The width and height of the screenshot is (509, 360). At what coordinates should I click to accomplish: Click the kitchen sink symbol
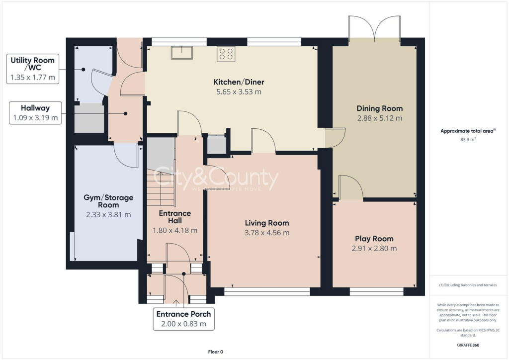(182, 52)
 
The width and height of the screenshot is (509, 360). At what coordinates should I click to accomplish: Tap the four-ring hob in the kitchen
(225, 54)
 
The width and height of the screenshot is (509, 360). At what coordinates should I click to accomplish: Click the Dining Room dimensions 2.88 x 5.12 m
(379, 118)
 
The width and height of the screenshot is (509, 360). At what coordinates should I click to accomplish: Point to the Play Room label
(374, 239)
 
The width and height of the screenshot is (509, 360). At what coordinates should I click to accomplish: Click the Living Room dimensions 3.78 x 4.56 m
(266, 233)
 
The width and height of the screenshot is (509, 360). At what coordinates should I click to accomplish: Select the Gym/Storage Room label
(108, 201)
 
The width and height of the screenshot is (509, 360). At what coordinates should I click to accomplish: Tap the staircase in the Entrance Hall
(161, 189)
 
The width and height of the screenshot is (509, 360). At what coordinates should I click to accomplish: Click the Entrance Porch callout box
(183, 319)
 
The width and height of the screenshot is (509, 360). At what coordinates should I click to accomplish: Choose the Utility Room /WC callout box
(32, 69)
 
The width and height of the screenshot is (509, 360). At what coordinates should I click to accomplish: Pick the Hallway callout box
(35, 113)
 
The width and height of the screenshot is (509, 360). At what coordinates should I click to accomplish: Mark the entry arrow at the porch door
(176, 301)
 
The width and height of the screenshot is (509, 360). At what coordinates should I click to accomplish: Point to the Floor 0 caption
(216, 352)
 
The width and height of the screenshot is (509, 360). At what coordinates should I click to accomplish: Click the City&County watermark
(216, 179)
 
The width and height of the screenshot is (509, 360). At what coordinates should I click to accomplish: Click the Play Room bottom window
(376, 291)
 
